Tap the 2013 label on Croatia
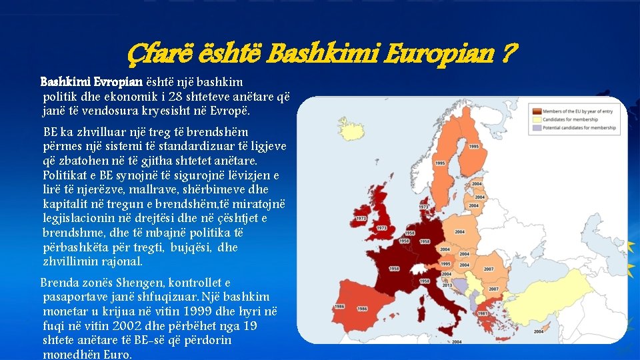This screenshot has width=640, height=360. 447,285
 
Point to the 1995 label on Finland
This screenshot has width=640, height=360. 474,146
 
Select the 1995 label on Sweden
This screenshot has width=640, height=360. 440,163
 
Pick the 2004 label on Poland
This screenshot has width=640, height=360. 459,231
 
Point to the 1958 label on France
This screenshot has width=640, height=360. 394,268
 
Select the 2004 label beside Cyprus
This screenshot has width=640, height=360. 539,331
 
